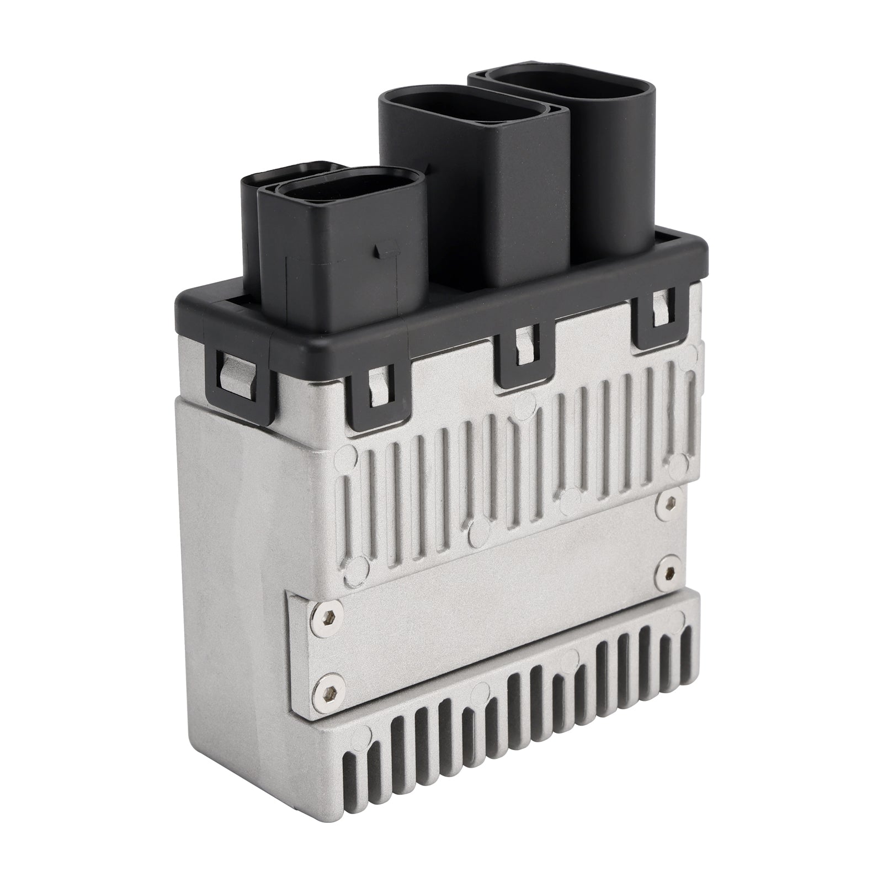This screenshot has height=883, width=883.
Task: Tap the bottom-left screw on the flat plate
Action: click(323, 684)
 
